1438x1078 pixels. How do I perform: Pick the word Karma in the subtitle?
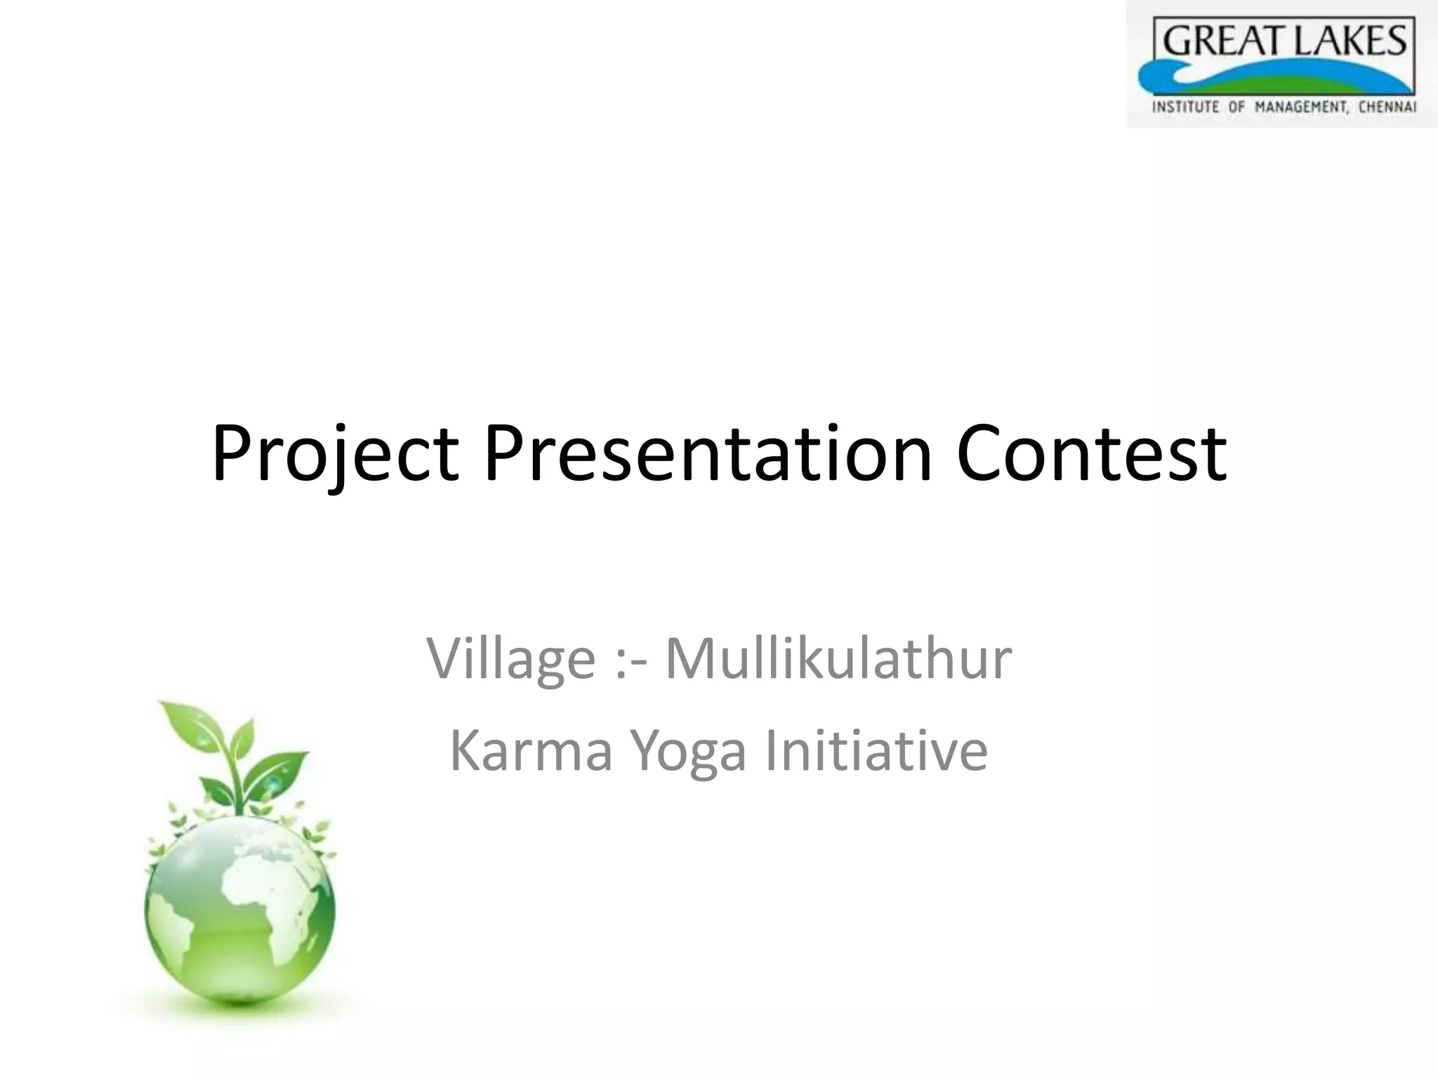tap(531, 751)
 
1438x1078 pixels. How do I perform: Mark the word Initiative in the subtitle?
tap(876, 751)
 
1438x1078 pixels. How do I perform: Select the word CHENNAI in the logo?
tap(1387, 108)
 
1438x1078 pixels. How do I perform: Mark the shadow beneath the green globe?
tap(242, 1011)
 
